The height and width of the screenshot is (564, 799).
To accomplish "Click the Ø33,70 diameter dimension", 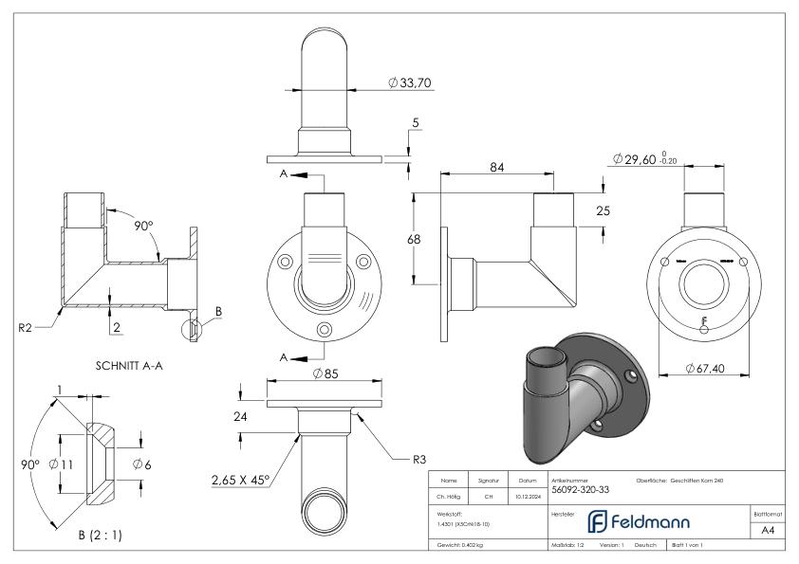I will (x=411, y=83).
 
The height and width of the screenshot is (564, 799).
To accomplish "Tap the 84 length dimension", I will (x=496, y=167).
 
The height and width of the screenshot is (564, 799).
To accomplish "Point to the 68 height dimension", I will (x=414, y=240).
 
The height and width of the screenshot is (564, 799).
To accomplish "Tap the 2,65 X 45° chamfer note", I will (x=242, y=479).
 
